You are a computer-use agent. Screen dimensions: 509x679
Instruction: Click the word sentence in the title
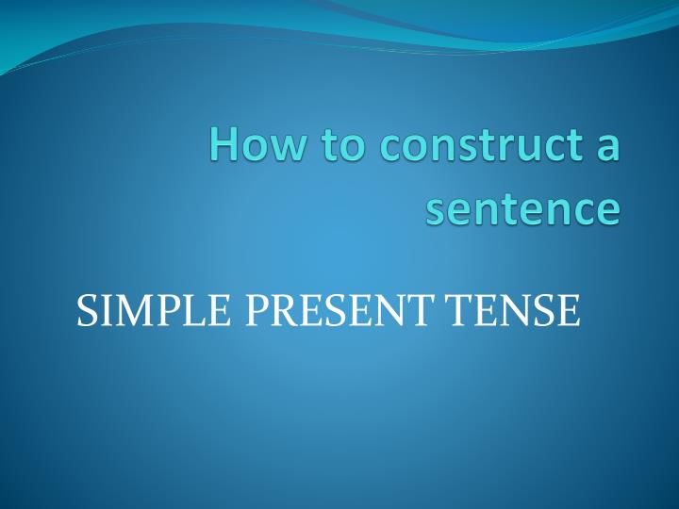pyautogui.click(x=523, y=209)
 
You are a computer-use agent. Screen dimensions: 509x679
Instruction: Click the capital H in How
pyautogui.click(x=224, y=145)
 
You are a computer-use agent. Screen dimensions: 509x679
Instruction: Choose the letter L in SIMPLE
pyautogui.click(x=190, y=311)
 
